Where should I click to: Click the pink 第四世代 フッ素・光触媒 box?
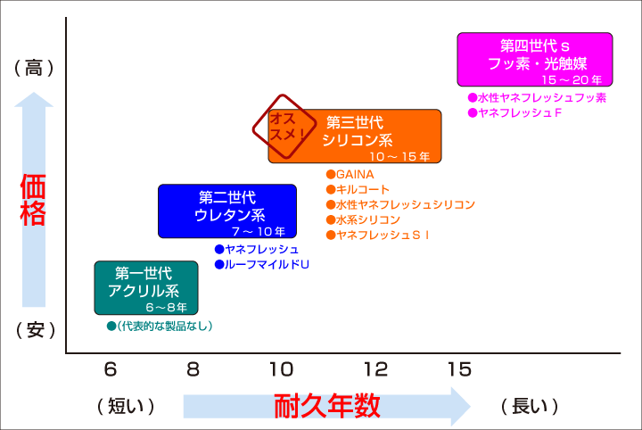[x=535, y=60]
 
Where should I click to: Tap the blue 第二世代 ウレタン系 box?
[x=227, y=211]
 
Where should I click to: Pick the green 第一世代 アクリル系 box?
[x=146, y=287]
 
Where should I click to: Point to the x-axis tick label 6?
[x=111, y=369]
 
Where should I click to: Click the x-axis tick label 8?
[x=193, y=369]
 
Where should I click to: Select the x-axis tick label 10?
[x=282, y=369]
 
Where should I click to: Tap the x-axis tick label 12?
[x=376, y=369]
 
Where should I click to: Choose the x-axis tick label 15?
[x=460, y=369]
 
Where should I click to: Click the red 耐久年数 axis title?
[x=326, y=406]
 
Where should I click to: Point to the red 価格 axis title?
[x=33, y=200]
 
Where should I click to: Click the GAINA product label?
[x=350, y=175]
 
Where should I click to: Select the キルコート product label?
[x=358, y=190]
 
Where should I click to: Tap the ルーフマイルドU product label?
[x=262, y=265]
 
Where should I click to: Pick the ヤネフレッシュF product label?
[x=514, y=112]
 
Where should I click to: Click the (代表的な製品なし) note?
[x=160, y=326]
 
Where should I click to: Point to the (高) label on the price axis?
[x=34, y=68]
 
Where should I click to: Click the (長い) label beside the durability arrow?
[x=530, y=406]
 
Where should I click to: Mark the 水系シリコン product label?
[x=363, y=220]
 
